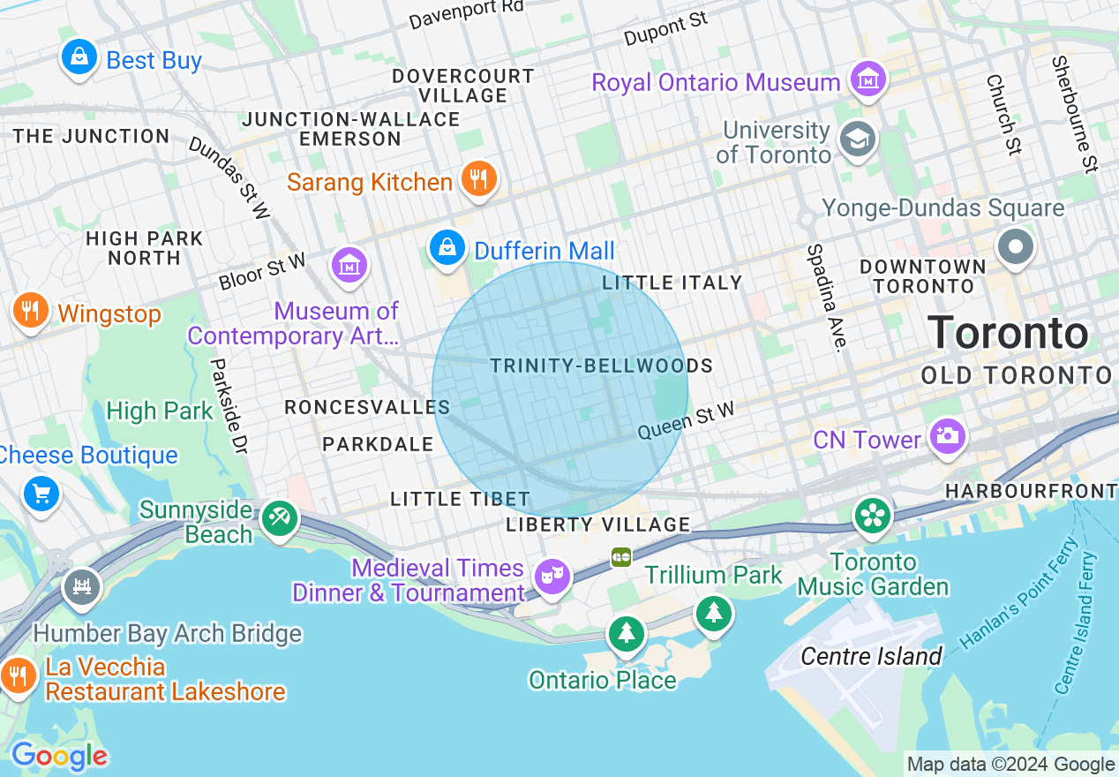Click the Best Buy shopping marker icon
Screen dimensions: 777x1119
(x=79, y=58)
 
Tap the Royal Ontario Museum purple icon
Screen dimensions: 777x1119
(x=867, y=80)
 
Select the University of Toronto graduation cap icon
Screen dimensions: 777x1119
(x=858, y=139)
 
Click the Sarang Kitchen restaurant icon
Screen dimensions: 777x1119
(x=478, y=180)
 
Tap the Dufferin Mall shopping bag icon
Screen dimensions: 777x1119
(x=448, y=248)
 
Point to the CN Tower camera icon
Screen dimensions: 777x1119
(x=947, y=436)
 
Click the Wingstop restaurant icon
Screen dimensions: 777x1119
(x=31, y=311)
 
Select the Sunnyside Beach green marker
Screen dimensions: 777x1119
(x=280, y=518)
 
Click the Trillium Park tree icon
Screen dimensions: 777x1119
(x=713, y=612)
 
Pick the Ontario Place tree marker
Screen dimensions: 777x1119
(x=626, y=633)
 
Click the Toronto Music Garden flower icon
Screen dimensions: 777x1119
(x=872, y=516)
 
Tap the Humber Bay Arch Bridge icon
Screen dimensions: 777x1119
(x=82, y=586)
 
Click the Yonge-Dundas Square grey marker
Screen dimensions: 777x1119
(x=1016, y=246)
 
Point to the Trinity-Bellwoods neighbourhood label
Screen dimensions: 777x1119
(x=601, y=366)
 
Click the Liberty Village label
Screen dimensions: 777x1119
(x=597, y=524)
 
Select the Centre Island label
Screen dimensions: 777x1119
(x=871, y=656)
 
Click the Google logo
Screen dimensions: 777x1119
(x=59, y=757)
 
